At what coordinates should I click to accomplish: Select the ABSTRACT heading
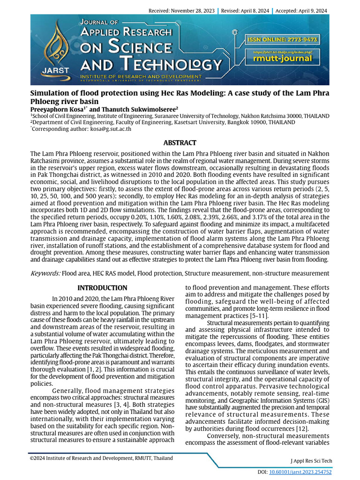[180, 142]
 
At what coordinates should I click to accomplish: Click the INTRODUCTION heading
[102, 287]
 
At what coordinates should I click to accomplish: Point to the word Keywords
[45, 273]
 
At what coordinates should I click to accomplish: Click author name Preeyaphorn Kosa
[57, 109]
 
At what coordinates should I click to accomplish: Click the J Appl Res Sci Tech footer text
[312, 461]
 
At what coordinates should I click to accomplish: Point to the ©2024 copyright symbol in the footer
[32, 458]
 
